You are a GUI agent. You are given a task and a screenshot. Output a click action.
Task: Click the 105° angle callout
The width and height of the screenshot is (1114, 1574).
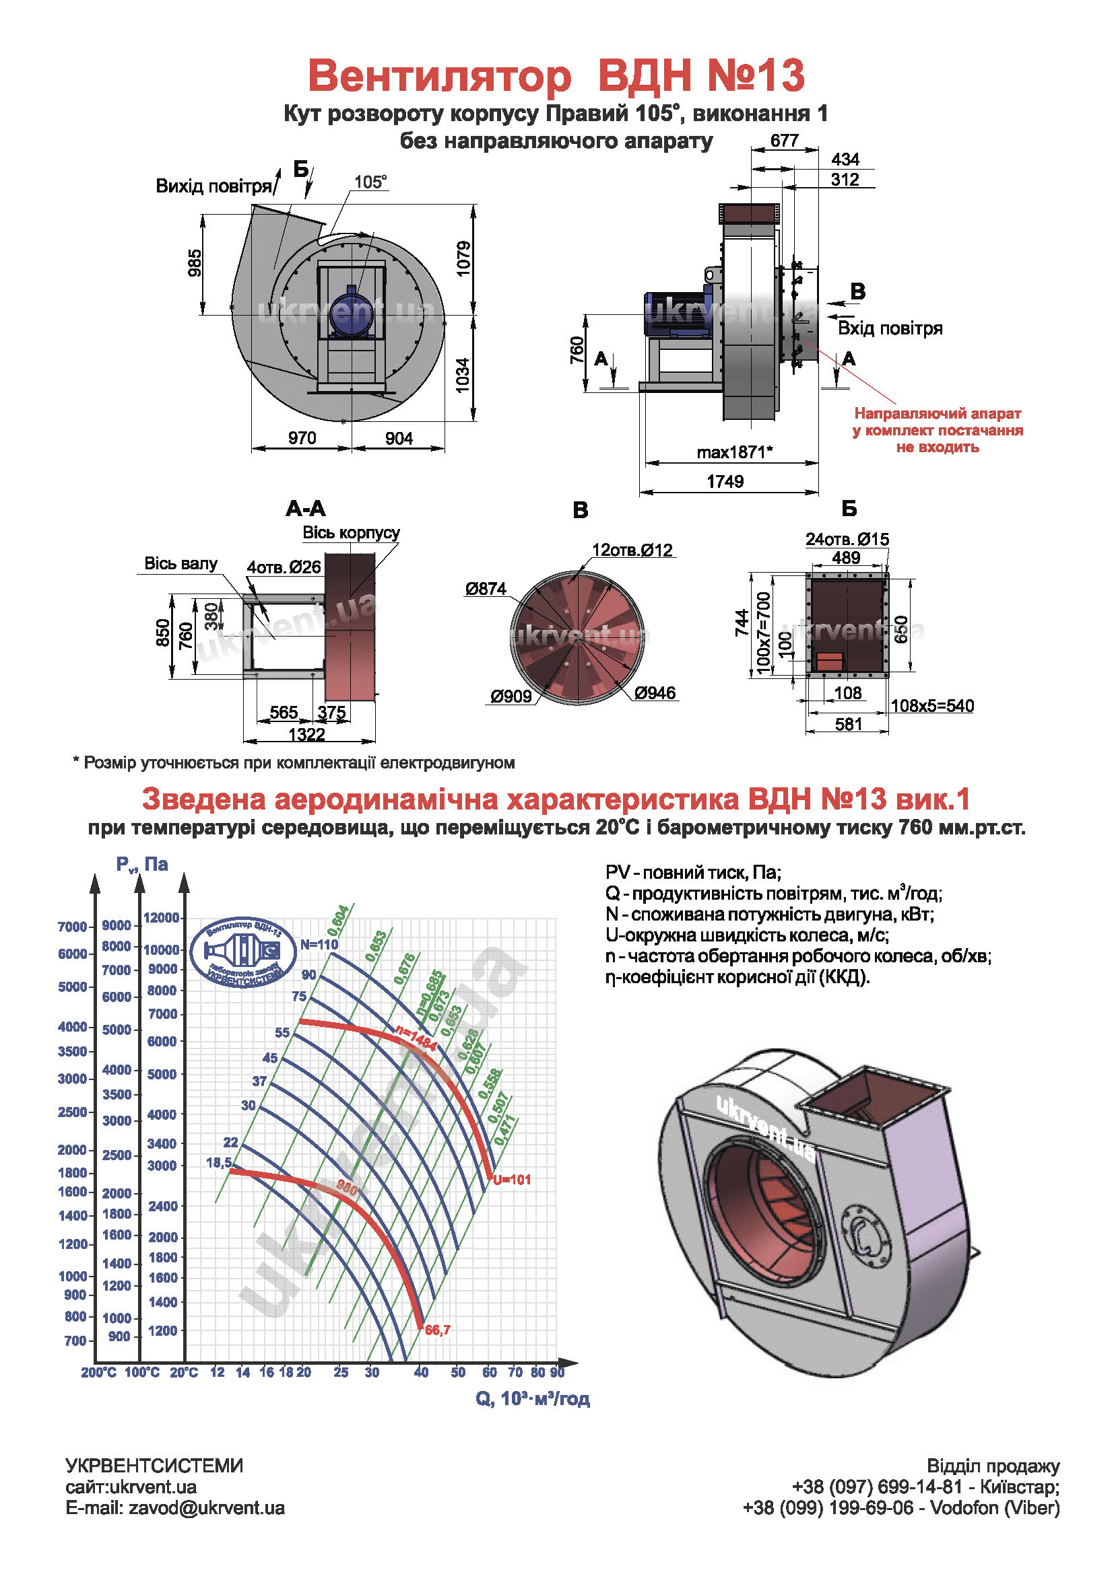[x=370, y=182]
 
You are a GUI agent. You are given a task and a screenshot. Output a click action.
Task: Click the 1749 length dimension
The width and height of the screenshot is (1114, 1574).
[x=725, y=481]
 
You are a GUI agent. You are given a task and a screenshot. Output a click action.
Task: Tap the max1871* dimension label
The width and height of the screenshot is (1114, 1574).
[x=734, y=452]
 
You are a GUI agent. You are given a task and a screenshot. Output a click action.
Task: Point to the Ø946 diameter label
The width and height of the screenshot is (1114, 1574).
[x=655, y=693]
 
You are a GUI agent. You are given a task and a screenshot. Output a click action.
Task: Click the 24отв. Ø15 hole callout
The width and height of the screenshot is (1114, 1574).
[x=847, y=540]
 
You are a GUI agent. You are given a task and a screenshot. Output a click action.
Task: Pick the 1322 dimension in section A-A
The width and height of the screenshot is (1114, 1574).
[x=306, y=734]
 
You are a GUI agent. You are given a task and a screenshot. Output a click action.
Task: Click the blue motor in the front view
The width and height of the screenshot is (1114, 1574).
[x=351, y=312]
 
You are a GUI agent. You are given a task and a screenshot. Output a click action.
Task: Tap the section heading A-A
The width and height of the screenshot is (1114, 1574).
[x=306, y=509]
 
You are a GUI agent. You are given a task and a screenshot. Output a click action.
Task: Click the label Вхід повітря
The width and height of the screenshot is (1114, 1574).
[x=890, y=328]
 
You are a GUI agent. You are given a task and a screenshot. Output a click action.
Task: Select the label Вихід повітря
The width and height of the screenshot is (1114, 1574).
[x=214, y=186]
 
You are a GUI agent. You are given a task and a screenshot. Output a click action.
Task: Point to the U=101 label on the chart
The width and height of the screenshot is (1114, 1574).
[x=512, y=1180]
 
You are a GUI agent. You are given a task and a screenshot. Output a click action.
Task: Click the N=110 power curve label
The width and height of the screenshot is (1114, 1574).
[x=319, y=944]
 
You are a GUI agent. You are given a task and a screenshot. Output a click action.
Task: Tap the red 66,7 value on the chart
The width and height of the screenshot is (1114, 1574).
[x=438, y=1330]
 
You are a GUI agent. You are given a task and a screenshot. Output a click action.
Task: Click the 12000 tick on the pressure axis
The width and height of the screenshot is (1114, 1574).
[x=161, y=918]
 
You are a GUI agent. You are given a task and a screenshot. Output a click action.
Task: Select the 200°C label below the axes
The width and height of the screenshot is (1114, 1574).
[x=99, y=1372]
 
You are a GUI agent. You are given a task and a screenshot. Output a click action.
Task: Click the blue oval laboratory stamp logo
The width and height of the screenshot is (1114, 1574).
[x=244, y=952]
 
